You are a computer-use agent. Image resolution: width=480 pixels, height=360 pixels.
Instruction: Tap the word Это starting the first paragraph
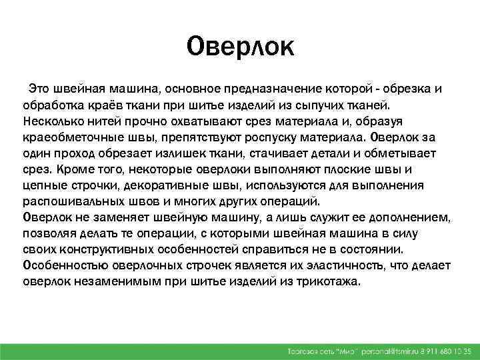point(39,90)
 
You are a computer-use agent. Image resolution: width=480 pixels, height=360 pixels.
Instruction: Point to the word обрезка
point(405,90)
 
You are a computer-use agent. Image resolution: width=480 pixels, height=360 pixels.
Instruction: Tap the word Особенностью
point(61,266)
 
